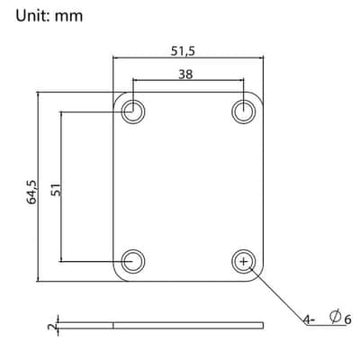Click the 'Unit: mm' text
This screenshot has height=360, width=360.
49,15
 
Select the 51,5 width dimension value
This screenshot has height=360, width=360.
183,51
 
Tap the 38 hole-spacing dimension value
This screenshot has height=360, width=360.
185,74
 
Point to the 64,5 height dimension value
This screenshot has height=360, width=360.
31,193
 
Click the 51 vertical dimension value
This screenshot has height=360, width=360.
56,190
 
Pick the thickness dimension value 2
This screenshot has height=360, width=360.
51,326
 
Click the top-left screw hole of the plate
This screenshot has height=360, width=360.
133,112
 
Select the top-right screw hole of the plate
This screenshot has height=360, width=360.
244,112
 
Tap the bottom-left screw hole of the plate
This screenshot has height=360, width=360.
133,261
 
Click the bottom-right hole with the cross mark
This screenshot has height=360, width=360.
244,261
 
